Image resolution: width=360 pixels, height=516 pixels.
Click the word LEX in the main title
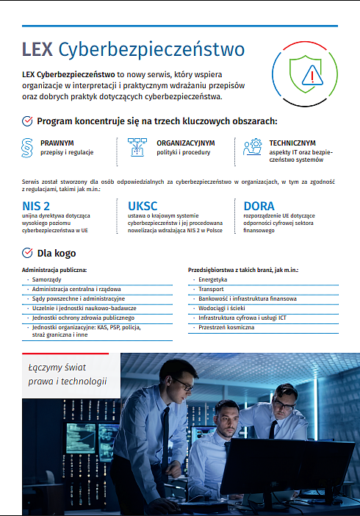pos(37,49)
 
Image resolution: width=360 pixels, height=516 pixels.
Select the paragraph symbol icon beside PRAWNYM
pos(27,147)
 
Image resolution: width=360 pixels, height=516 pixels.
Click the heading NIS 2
pos(37,206)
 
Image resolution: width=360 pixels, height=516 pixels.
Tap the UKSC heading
pos(143,206)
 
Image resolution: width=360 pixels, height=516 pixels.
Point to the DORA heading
pos(259,206)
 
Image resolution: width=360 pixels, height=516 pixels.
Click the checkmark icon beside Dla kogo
pos(27,254)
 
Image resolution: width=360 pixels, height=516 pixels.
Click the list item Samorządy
pos(46,280)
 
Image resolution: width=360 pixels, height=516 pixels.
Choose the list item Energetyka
pos(213,280)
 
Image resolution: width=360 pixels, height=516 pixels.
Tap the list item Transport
pos(211,290)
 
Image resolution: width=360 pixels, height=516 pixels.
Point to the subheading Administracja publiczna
pos(54,270)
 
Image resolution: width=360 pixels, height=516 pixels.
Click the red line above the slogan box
pos(65,354)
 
